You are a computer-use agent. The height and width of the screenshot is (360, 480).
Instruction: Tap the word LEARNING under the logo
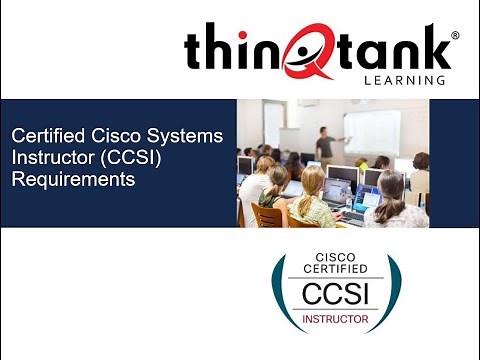[406, 80]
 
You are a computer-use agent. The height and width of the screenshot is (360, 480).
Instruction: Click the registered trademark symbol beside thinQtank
[455, 36]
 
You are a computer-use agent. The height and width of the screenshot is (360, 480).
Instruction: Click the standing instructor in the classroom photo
[325, 144]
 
